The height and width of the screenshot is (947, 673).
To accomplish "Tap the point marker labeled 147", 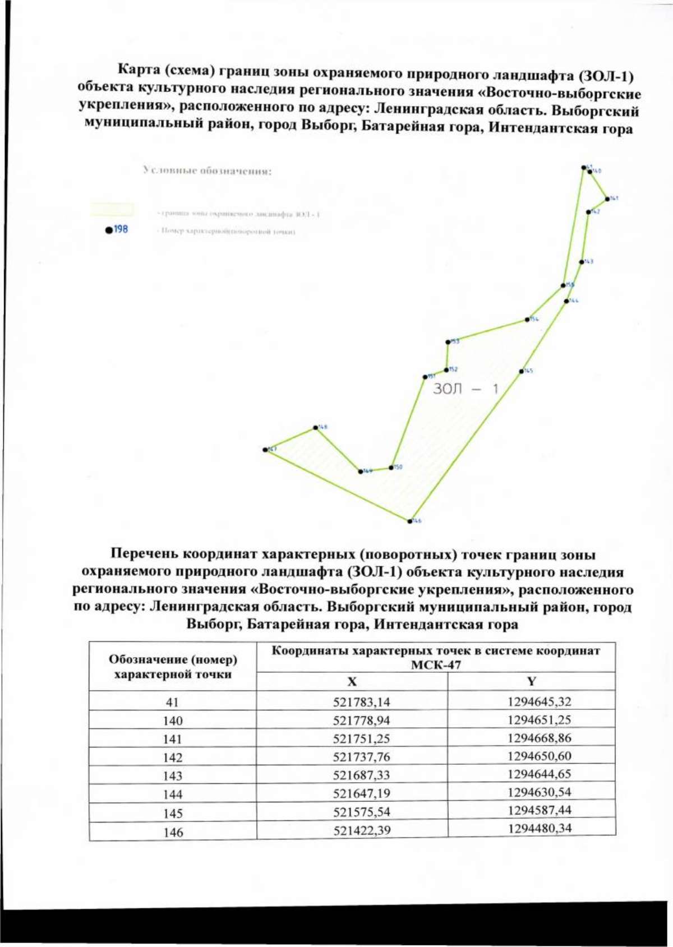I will point(265,450).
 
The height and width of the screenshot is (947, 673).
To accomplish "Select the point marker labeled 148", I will point(315,428).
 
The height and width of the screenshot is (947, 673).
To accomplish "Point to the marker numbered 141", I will point(607,198).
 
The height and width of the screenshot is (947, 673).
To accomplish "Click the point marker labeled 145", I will point(522,371).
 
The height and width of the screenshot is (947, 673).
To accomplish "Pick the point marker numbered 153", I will point(448,341).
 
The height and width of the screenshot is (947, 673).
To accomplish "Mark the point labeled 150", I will point(391,467).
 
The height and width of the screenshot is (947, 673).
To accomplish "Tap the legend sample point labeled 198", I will point(108,230).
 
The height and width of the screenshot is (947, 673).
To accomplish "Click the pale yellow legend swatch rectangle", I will point(113,210).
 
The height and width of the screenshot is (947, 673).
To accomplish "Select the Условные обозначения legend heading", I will point(208,170).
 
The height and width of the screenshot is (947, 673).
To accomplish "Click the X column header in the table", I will point(352,682).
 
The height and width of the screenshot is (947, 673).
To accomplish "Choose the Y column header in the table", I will point(532,681).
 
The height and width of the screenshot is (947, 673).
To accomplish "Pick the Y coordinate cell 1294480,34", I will point(540,828).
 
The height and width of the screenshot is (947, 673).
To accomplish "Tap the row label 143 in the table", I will point(173,775).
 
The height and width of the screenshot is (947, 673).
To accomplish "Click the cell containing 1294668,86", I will point(540,738).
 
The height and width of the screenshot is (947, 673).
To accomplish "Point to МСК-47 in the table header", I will point(436,665).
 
